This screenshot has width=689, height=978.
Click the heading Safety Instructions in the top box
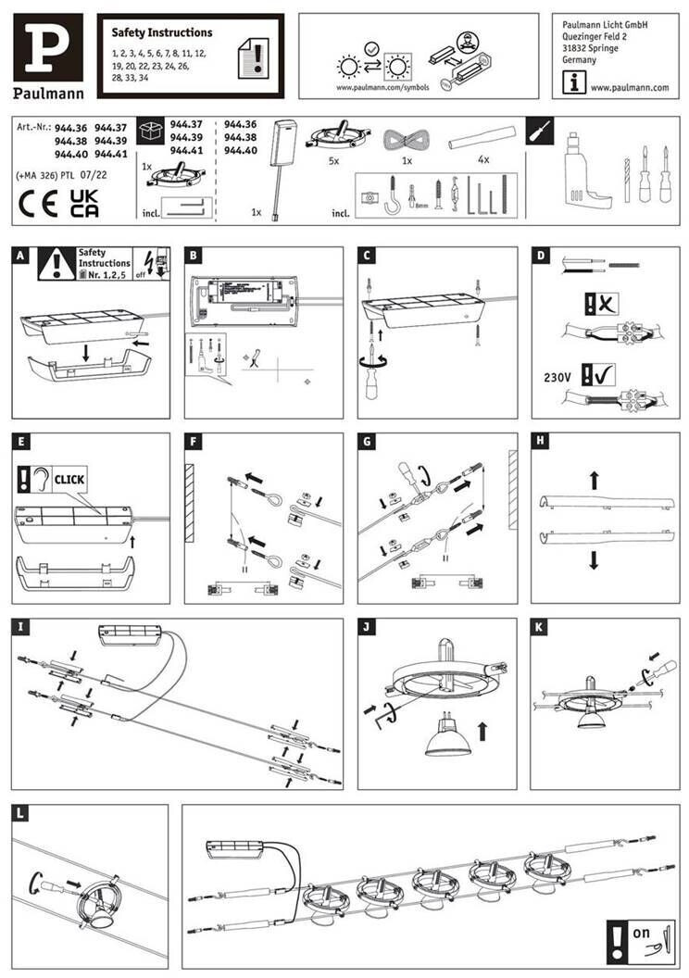tap(162, 32)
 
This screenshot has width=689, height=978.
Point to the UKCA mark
tap(85, 204)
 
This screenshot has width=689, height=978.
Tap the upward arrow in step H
tap(594, 478)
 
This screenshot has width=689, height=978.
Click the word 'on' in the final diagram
tap(641, 933)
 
